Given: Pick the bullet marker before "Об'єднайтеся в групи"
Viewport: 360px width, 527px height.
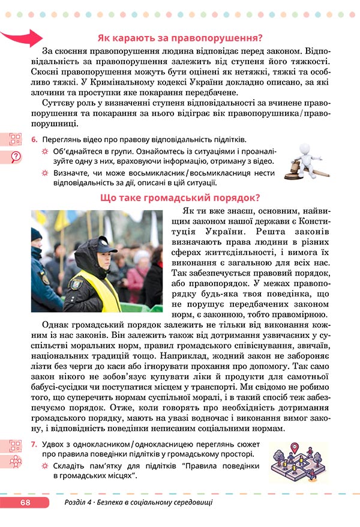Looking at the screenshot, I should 44,151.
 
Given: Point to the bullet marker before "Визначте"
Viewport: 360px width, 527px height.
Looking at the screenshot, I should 44,173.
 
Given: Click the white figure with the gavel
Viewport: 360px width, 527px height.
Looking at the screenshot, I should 305,162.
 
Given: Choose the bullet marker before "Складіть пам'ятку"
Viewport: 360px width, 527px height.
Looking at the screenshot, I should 44,466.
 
